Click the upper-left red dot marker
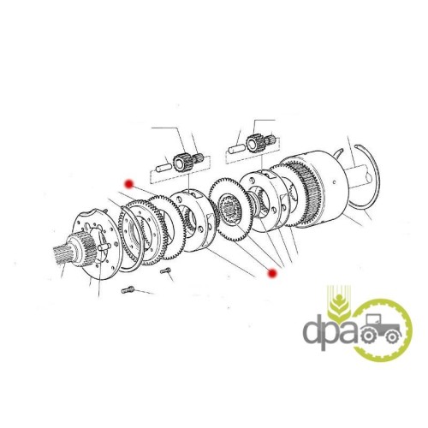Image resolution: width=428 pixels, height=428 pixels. coord(130,184)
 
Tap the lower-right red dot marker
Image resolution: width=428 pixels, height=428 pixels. coord(272,273)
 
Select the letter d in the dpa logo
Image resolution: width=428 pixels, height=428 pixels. coord(313,330)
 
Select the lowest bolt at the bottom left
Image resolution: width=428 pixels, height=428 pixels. coord(128,289)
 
